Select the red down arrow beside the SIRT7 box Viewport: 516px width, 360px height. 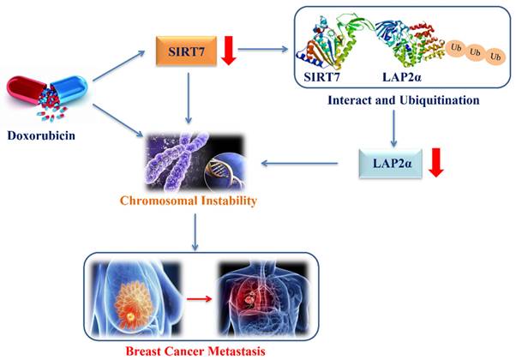[228, 50]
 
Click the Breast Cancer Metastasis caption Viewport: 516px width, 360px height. [201, 351]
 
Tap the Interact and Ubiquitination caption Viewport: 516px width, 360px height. [404, 101]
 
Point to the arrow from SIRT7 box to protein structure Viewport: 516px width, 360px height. [265, 49]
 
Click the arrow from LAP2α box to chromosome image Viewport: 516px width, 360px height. [301, 160]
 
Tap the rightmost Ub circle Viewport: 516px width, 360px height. [494, 57]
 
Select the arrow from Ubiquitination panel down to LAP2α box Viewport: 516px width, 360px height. [393, 125]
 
